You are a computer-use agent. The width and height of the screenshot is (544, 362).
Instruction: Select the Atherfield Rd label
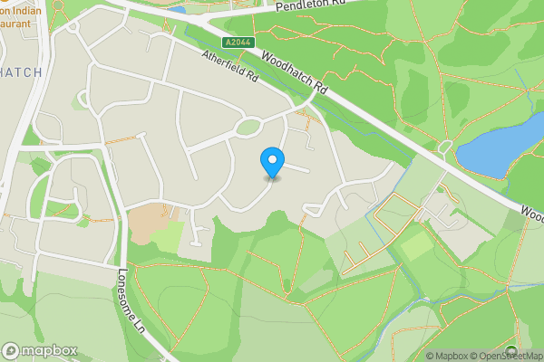pyautogui.click(x=230, y=67)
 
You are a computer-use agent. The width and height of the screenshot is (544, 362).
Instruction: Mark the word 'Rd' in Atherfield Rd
pyautogui.click(x=251, y=80)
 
